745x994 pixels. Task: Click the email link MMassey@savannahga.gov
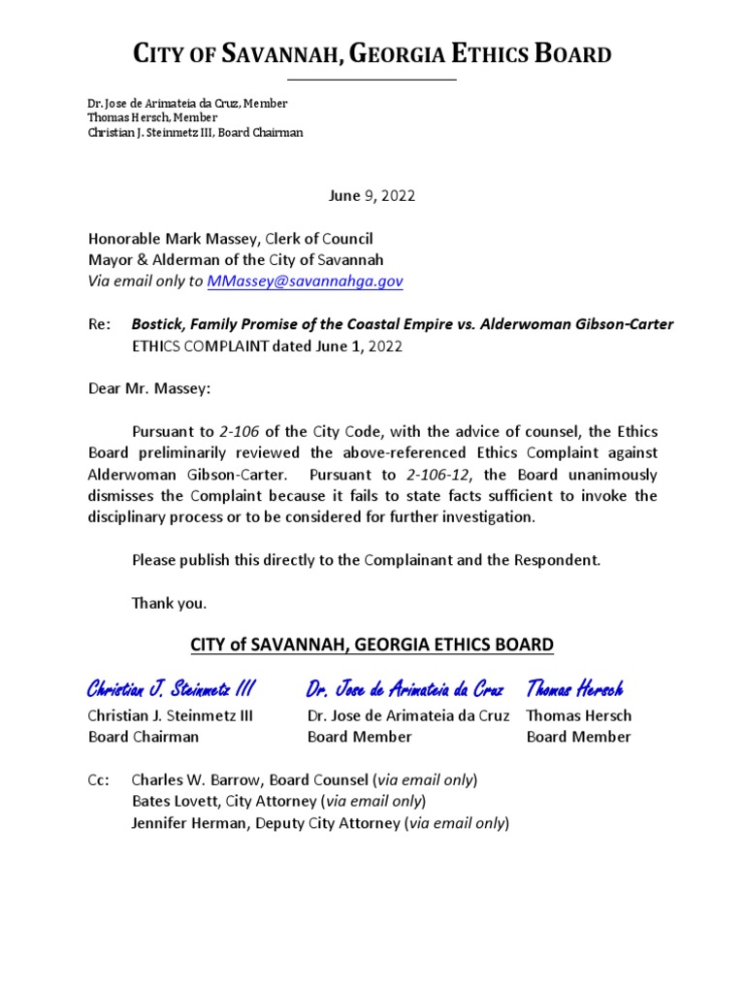(305, 281)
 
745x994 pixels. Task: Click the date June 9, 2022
(372, 195)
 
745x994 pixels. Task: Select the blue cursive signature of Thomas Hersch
(574, 689)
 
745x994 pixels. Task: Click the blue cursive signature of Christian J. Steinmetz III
(171, 689)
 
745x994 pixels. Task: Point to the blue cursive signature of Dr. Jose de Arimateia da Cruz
(405, 689)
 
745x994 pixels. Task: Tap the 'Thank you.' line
(169, 603)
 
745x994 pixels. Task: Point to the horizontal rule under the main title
(372, 80)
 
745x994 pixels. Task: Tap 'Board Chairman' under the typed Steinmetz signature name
(143, 737)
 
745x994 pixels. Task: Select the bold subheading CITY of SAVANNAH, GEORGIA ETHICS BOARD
(372, 644)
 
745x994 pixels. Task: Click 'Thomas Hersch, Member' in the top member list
(151, 117)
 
